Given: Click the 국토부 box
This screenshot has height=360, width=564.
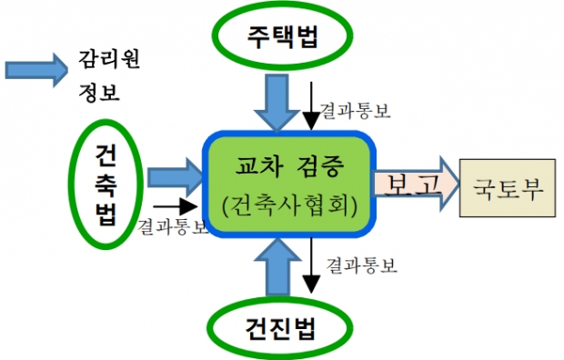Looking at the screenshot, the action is tap(508, 188).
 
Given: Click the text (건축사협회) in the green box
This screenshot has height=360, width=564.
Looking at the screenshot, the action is tap(289, 205).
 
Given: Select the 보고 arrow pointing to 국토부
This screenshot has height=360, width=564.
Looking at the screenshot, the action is tap(416, 184).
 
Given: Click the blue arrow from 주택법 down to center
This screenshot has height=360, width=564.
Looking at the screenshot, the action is tap(277, 103).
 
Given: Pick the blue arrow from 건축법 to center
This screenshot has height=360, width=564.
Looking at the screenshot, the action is tap(176, 177).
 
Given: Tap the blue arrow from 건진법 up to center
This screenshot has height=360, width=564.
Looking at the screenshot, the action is tap(277, 267).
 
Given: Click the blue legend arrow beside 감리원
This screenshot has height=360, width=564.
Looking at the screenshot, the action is tap(36, 70).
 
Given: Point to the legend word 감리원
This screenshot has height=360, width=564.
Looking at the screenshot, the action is tap(109, 59).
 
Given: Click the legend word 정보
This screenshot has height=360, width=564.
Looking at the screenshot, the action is tap(99, 91).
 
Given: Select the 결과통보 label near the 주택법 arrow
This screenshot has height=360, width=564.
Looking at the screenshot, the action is tap(355, 110).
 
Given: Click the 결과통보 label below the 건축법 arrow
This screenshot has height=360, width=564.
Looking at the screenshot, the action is tap(173, 227).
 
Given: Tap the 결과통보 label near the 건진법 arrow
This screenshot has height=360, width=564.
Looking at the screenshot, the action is tap(361, 265).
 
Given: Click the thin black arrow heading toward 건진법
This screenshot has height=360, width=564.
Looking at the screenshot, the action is tap(311, 265).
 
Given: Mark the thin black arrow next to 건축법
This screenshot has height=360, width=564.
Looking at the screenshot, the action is tap(176, 206).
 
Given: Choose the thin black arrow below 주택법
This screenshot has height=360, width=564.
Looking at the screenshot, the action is tap(311, 105).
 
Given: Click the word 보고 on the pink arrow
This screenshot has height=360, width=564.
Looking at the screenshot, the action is tap(413, 185).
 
